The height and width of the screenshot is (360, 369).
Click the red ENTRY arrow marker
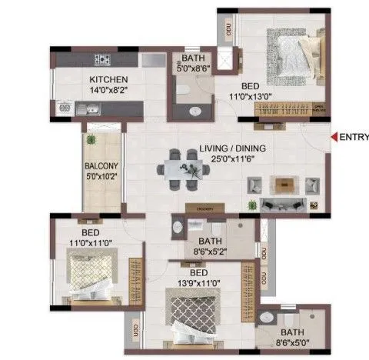point(333,138)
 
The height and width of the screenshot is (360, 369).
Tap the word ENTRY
point(353,138)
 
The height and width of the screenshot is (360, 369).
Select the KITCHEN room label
point(108,79)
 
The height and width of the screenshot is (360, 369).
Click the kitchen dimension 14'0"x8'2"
point(108,89)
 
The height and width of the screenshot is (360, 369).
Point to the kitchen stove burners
point(103,60)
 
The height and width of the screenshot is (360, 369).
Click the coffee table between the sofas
point(286,184)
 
